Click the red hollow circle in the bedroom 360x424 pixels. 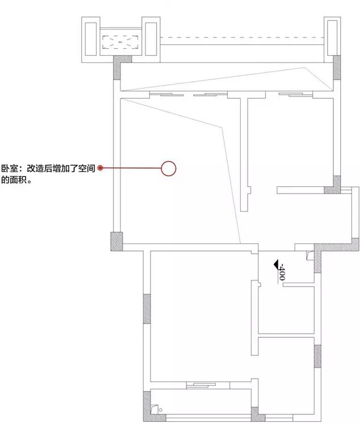tap(169, 168)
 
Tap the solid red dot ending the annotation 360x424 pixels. tap(101, 168)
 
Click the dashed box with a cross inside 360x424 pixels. tap(120, 41)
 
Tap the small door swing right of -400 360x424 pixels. tap(308, 255)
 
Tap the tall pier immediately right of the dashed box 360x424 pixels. tap(151, 38)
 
